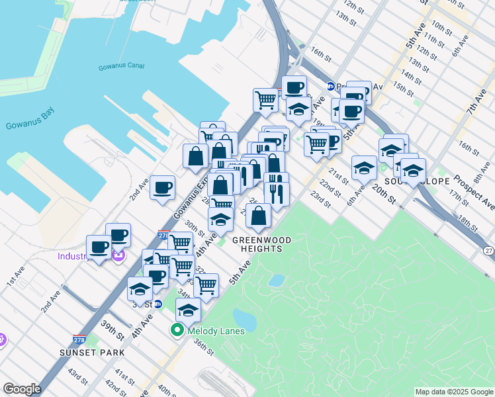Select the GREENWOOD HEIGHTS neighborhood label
[262, 243]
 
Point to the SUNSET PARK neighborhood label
[92, 353]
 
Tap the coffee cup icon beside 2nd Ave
[162, 187]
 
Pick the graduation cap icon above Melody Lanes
[188, 309]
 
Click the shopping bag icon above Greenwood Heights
[260, 215]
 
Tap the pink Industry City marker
[120, 255]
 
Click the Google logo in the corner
[22, 389]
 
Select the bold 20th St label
[383, 194]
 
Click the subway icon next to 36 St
[158, 304]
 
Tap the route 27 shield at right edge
[488, 251]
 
